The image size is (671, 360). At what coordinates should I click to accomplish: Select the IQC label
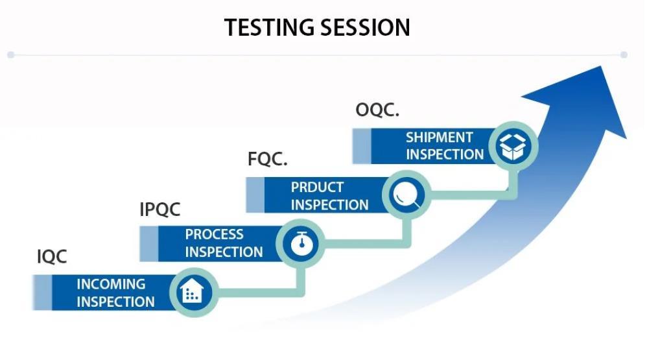[x=52, y=257]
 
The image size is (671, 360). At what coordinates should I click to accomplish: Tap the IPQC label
[x=160, y=210]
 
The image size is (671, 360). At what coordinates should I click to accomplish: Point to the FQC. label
[x=267, y=160]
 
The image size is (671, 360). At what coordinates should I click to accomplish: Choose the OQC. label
[x=377, y=111]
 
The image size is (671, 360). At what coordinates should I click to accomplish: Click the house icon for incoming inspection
[x=192, y=293]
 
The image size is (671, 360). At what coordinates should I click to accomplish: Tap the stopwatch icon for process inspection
[x=300, y=244]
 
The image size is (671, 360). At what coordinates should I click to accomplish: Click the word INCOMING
[x=111, y=284]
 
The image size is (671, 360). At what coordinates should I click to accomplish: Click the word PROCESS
[x=215, y=234]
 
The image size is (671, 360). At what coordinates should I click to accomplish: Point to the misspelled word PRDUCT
[x=317, y=187]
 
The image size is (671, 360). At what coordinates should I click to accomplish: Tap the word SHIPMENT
[x=440, y=138]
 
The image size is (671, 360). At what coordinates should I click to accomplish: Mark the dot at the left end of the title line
[x=10, y=55]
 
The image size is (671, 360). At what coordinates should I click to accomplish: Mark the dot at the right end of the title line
[x=624, y=55]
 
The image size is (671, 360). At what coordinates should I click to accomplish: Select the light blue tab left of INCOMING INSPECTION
[x=42, y=293]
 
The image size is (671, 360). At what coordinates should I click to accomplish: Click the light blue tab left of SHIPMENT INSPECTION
[x=361, y=146]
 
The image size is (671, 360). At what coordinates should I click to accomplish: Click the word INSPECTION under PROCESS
[x=224, y=252]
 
